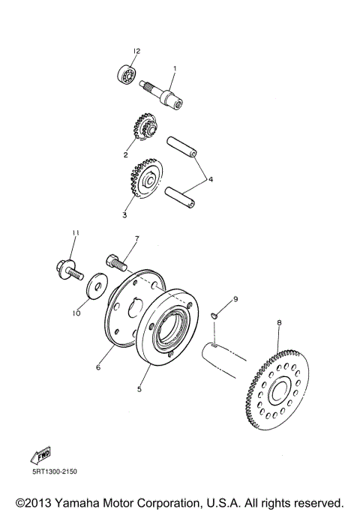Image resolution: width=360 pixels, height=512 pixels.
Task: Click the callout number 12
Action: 136,51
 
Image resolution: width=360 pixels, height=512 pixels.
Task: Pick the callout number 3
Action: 124,214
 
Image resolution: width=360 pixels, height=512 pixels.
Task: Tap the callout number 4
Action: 211,180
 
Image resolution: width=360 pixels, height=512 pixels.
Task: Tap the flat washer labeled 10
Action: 95,286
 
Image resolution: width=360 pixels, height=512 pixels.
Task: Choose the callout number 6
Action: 97,368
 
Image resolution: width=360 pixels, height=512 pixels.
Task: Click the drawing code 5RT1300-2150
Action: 54,472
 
